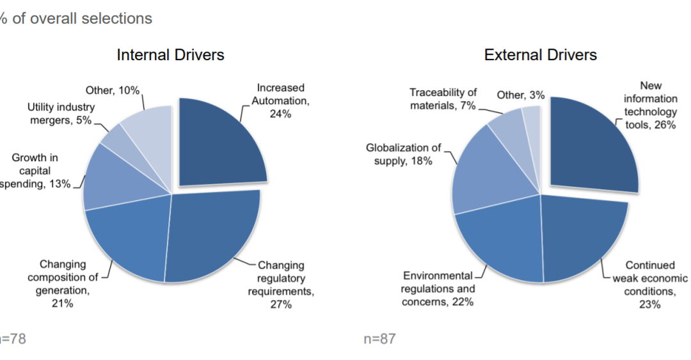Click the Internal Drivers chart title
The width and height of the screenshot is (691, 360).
pos(170,55)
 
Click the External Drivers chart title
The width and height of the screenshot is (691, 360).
pos(541,55)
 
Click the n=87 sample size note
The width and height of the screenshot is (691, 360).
pos(379,339)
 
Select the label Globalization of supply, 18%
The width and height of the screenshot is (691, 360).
pos(403,154)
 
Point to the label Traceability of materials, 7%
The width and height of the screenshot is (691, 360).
pos(443,99)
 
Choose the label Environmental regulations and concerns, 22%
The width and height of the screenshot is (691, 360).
pos(438,288)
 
